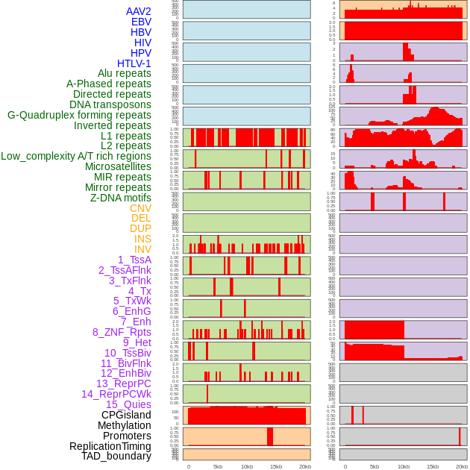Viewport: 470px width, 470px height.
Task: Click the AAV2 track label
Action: (138, 11)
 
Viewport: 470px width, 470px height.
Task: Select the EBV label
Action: (140, 22)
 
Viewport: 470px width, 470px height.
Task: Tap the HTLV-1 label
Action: (134, 63)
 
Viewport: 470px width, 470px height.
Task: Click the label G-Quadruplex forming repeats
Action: (79, 115)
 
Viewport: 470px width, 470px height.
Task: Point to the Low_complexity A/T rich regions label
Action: (76, 156)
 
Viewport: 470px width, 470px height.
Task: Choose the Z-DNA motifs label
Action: (120, 198)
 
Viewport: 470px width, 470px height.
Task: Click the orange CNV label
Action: (140, 208)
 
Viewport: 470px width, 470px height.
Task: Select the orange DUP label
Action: (140, 228)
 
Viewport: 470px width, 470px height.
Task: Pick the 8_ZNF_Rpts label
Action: (122, 332)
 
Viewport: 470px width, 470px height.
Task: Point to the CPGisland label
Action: (126, 415)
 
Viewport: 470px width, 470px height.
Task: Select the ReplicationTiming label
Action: (110, 446)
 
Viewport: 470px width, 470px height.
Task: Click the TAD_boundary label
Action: (116, 456)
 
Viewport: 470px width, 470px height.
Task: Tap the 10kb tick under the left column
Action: (246, 466)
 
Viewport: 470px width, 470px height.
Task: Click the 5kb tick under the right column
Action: (374, 466)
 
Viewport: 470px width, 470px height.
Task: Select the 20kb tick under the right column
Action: (462, 466)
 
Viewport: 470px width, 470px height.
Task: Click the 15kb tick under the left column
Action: (276, 466)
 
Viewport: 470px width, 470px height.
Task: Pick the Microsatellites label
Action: (118, 166)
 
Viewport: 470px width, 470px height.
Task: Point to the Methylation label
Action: (119, 425)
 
